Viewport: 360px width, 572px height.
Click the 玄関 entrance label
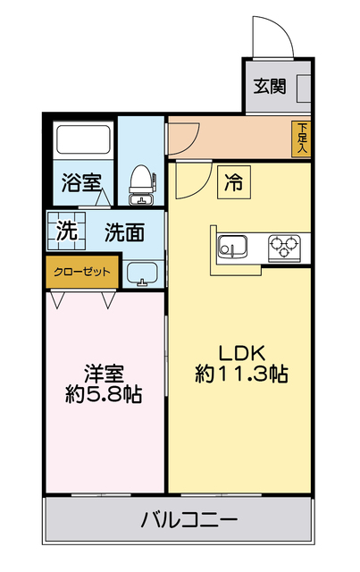[269, 87]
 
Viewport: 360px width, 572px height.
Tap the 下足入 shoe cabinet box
[303, 138]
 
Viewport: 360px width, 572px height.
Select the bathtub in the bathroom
[82, 141]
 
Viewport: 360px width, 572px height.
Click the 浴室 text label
[80, 183]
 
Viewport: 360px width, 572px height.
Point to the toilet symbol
[141, 181]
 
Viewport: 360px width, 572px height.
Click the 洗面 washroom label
[124, 232]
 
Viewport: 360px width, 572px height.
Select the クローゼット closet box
[82, 272]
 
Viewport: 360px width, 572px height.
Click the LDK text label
[241, 351]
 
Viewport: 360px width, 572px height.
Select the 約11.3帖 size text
[241, 374]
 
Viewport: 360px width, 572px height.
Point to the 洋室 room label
[104, 372]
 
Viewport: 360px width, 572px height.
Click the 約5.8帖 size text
[104, 395]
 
